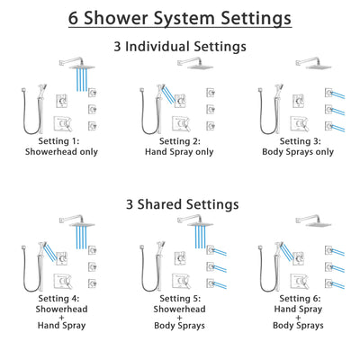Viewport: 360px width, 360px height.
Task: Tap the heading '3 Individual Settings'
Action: pos(180,46)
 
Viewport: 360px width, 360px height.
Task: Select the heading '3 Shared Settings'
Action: pos(180,204)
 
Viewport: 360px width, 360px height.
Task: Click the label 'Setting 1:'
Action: pos(60,141)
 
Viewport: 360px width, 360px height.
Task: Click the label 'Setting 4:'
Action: pos(60,298)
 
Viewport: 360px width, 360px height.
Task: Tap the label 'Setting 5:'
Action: pos(181,298)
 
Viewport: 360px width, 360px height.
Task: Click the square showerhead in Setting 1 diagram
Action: pos(84,63)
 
